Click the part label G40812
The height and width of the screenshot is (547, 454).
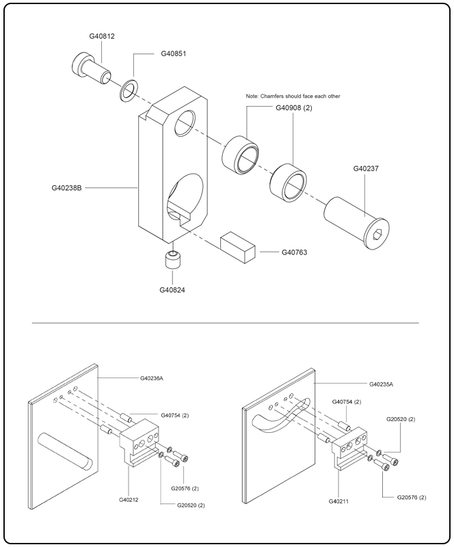pyautogui.click(x=102, y=36)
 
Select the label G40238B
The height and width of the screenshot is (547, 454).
pyautogui.click(x=67, y=187)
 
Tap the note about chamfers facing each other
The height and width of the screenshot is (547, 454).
pyautogui.click(x=293, y=96)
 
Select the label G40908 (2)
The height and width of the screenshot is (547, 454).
pyautogui.click(x=294, y=107)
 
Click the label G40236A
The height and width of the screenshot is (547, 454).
pyautogui.click(x=151, y=378)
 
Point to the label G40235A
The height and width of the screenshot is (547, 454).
pyautogui.click(x=381, y=384)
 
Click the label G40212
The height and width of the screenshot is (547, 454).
pyautogui.click(x=129, y=500)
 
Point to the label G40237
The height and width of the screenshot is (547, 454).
pyautogui.click(x=366, y=168)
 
